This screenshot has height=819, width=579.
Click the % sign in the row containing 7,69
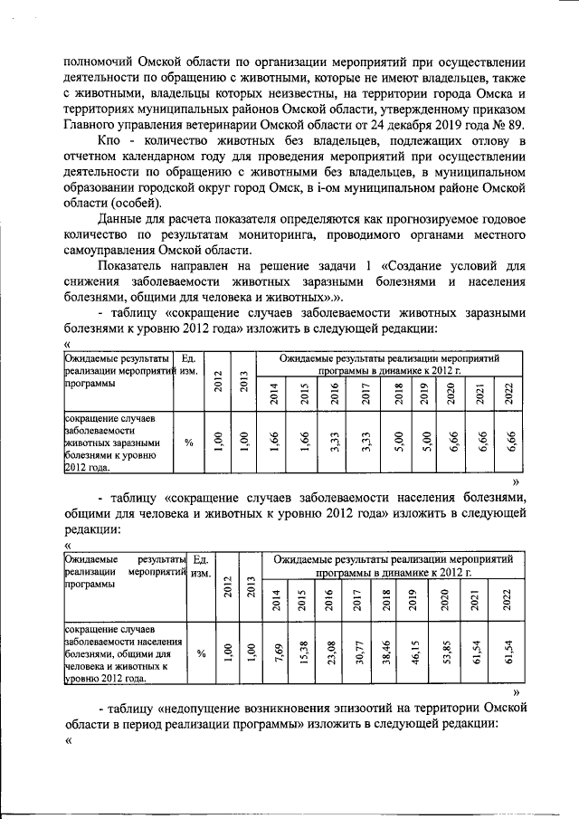(x=201, y=652)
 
